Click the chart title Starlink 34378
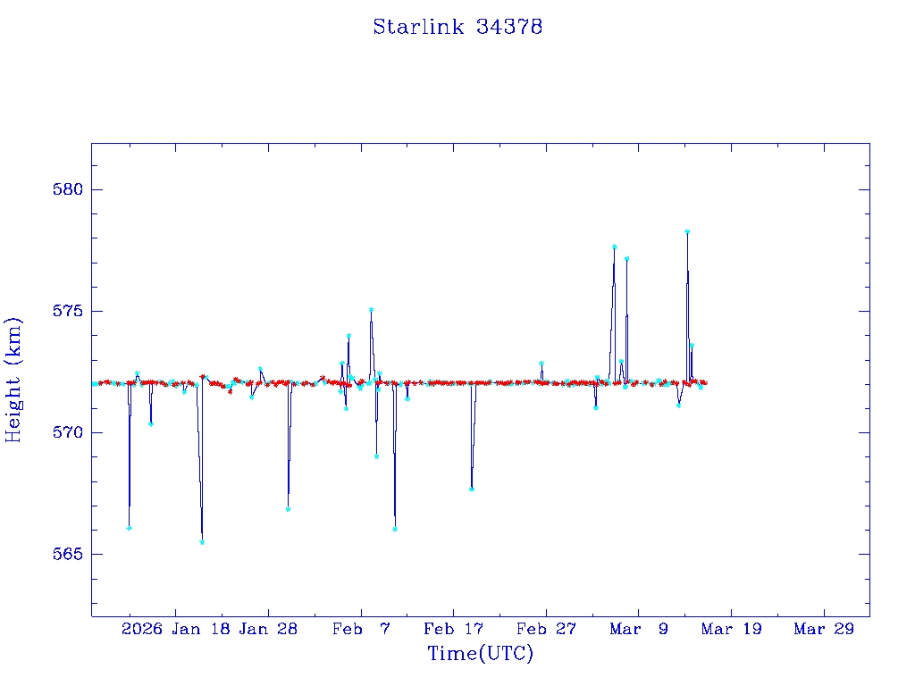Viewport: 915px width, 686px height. (457, 27)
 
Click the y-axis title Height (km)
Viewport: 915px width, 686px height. (14, 380)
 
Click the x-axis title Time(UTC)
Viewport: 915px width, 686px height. (480, 654)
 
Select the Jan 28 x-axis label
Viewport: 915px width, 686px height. (268, 629)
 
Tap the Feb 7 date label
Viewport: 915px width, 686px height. (361, 629)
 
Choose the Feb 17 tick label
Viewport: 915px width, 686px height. (454, 629)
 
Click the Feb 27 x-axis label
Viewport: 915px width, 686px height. (546, 629)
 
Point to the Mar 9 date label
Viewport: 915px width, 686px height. (639, 629)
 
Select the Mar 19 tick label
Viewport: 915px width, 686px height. (731, 629)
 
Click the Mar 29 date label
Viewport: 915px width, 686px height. (824, 629)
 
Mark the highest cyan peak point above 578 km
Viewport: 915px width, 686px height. (687, 231)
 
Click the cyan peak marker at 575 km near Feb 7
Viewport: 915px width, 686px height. (371, 310)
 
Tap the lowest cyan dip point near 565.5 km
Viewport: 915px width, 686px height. (202, 542)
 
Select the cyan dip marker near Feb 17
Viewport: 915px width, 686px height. (471, 489)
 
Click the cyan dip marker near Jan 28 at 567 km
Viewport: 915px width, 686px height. (288, 509)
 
